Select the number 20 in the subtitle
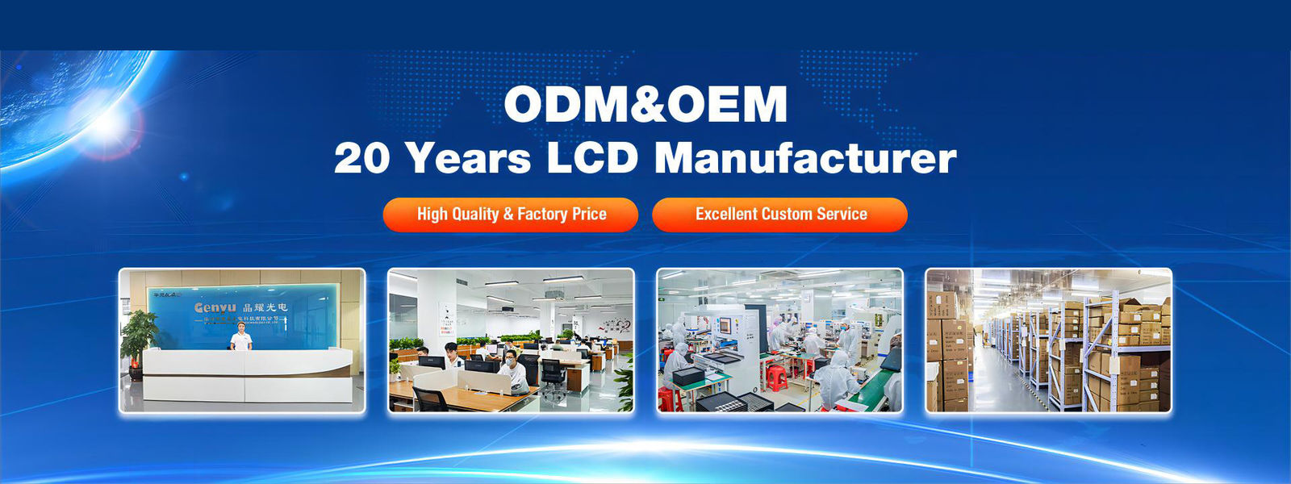pos(362,158)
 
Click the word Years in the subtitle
pos(469,158)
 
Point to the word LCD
pos(592,158)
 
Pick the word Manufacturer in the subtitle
pos(804,158)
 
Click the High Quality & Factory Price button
pos(511,215)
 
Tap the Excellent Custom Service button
pos(779,215)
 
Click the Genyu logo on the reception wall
pos(215,308)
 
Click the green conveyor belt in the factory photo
pos(867,391)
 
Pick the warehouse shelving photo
pos(1048,340)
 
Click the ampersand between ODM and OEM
pos(645,105)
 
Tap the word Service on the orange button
pos(842,215)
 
